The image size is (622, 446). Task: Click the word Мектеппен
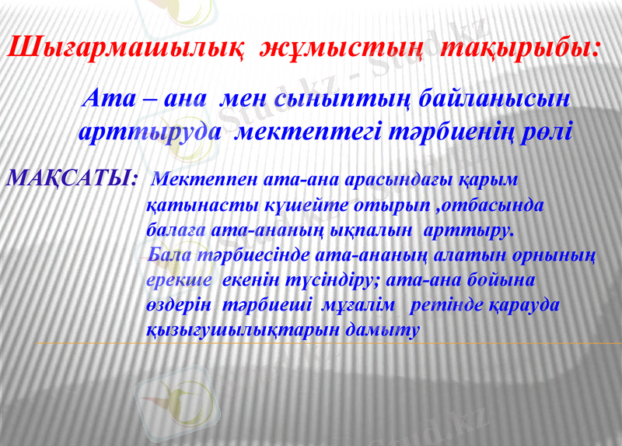point(204,179)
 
